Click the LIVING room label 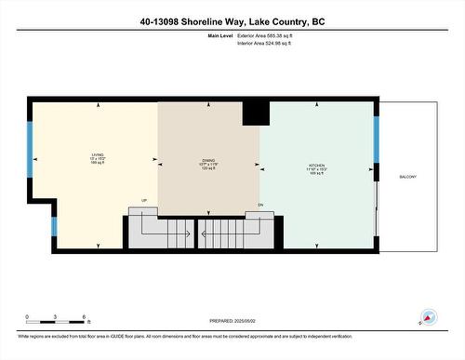coord(97,155)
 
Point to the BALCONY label coord(407,177)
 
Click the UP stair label coord(144,201)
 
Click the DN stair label coord(260,204)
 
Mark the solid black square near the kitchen coord(255,113)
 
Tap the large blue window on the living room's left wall coord(30,144)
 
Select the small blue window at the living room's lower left coord(53,225)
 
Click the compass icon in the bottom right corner coord(429,318)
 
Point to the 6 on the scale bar coord(85,317)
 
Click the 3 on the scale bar coord(56,317)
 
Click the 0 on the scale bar coord(27,317)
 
